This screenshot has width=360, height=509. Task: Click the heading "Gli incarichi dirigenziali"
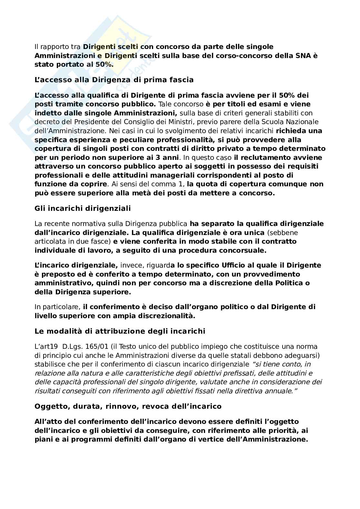[83, 208]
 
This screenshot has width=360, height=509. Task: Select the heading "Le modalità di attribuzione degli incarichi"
[120, 331]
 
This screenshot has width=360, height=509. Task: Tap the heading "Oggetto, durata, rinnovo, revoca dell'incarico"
[128, 406]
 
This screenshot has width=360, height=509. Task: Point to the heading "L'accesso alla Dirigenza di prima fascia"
[114, 80]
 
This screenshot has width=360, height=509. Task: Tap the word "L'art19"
[46, 347]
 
